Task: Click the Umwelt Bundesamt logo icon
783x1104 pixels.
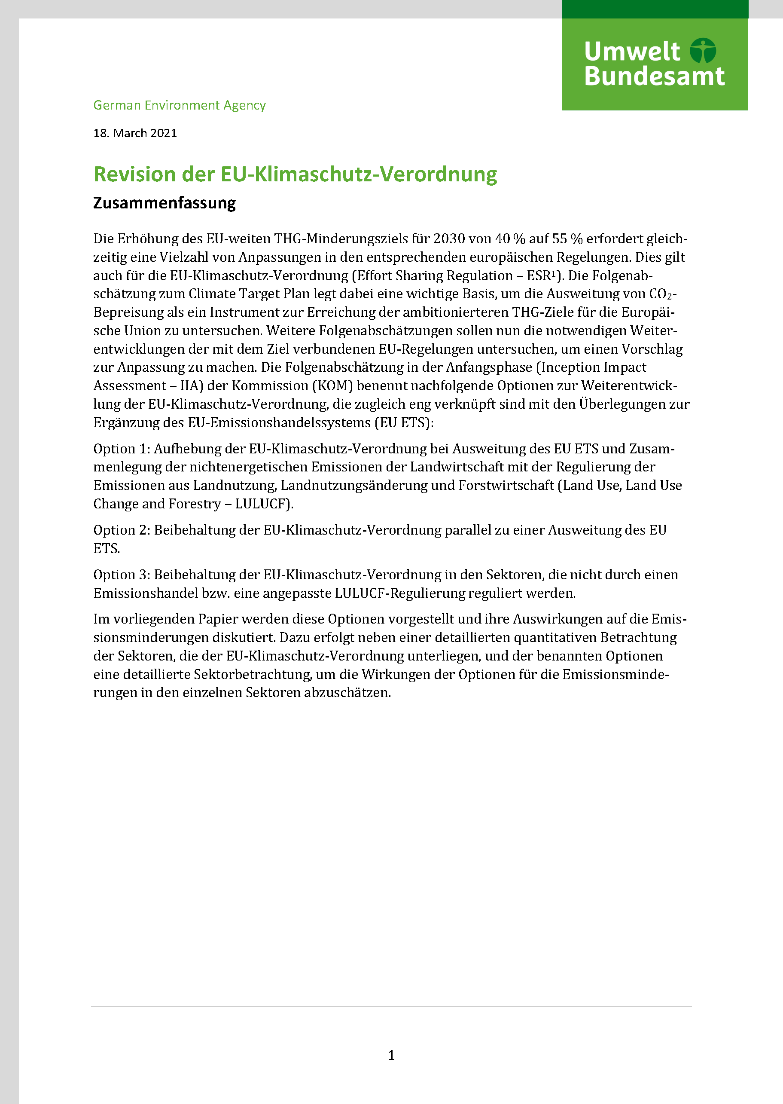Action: [x=703, y=51]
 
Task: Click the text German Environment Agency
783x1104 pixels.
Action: [x=180, y=105]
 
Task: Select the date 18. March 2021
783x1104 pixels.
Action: [x=135, y=133]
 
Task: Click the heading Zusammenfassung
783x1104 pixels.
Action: [x=165, y=202]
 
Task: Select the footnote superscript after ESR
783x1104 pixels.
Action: [x=554, y=273]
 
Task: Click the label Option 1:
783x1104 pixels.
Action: [x=122, y=449]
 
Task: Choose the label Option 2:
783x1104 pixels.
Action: [x=122, y=530]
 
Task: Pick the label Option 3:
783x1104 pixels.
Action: [x=122, y=575]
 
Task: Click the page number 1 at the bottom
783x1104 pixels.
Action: [x=391, y=1055]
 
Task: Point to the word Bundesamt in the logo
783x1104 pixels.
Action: [x=654, y=76]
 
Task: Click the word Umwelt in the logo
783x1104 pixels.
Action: [x=632, y=52]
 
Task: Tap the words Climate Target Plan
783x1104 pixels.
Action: [x=249, y=294]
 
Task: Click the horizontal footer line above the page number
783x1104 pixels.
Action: [x=391, y=1006]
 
